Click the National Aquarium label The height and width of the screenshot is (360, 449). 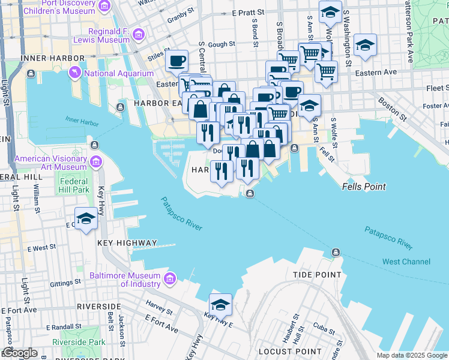pyautogui.click(x=118, y=74)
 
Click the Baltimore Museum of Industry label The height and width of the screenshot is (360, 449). pyautogui.click(x=124, y=280)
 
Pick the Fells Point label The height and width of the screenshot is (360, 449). pyautogui.click(x=363, y=187)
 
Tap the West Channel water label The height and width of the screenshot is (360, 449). pyautogui.click(x=406, y=262)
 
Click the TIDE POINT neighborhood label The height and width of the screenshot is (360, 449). pyautogui.click(x=317, y=275)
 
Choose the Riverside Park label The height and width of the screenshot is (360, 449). pyautogui.click(x=79, y=342)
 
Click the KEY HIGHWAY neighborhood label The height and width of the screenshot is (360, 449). pyautogui.click(x=127, y=243)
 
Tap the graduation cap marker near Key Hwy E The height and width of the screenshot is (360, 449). pyautogui.click(x=220, y=305)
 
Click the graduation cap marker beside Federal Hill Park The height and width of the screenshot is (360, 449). pyautogui.click(x=85, y=219)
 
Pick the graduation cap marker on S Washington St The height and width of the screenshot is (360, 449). pyautogui.click(x=365, y=46)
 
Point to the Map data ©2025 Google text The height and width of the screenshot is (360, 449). pyautogui.click(x=412, y=355)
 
